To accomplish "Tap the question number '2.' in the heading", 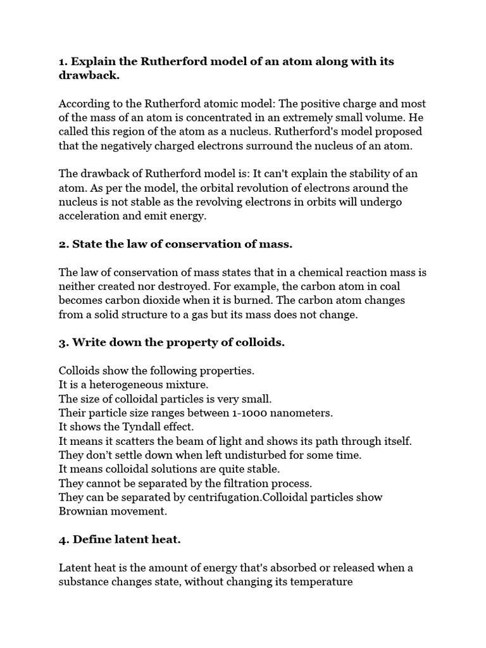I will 64,244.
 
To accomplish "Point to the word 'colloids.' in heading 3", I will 258,342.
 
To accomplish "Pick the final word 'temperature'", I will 320,582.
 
